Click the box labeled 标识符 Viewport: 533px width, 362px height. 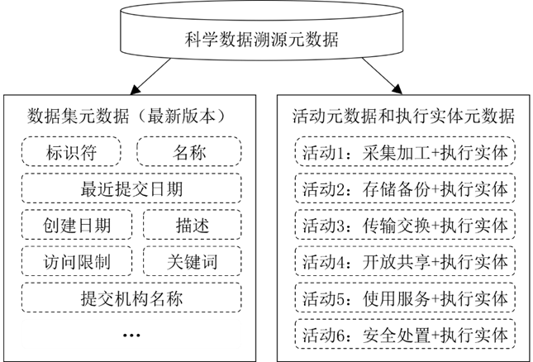point(71,153)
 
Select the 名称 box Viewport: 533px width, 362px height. point(189,153)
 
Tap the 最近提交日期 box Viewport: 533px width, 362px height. point(131,189)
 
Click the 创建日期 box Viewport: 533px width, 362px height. point(77,226)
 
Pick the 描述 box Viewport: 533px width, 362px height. point(193,226)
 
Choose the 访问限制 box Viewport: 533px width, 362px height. point(77,262)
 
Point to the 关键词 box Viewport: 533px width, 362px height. point(193,262)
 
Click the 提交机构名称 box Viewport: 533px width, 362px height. point(131,298)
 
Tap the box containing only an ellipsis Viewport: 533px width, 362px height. point(131,335)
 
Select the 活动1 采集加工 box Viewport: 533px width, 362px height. point(405,153)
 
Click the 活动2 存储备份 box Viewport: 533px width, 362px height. point(405,189)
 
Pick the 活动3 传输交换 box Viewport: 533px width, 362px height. point(405,226)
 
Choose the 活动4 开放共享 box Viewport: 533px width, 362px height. point(405,262)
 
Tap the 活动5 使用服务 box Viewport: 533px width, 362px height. point(405,298)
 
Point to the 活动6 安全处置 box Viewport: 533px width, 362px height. point(405,336)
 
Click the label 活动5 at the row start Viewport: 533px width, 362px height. point(325,298)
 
